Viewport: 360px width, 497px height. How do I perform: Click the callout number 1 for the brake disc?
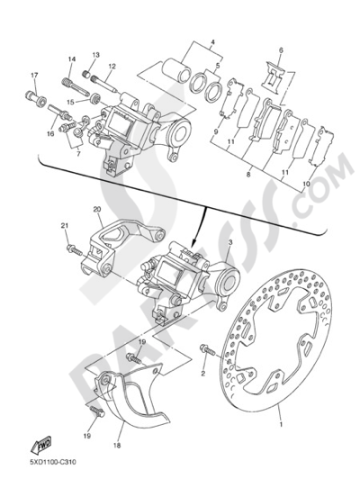[x=280, y=424]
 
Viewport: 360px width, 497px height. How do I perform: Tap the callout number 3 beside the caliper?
[x=230, y=242]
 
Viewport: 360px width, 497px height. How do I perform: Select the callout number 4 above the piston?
[x=212, y=41]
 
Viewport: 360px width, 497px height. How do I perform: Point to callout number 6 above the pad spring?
[x=281, y=50]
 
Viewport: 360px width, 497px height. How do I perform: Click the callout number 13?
[x=95, y=55]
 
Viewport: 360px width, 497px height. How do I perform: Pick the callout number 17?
[x=34, y=76]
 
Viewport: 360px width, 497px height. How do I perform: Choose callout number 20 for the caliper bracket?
[x=97, y=209]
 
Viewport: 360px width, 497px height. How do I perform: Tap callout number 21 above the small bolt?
[x=65, y=226]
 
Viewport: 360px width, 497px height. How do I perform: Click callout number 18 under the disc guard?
[x=117, y=446]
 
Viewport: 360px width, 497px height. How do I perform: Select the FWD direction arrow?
[x=40, y=446]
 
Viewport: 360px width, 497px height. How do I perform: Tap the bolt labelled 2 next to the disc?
[x=207, y=350]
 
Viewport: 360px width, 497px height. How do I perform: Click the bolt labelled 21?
[x=75, y=250]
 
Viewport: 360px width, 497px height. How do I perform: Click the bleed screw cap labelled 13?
[x=85, y=75]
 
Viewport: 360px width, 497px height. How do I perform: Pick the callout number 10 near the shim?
[x=306, y=184]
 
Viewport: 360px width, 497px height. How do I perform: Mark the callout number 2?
[x=203, y=374]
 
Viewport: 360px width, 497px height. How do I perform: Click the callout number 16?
[x=50, y=134]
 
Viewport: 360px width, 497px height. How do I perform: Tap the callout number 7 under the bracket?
[x=78, y=153]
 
